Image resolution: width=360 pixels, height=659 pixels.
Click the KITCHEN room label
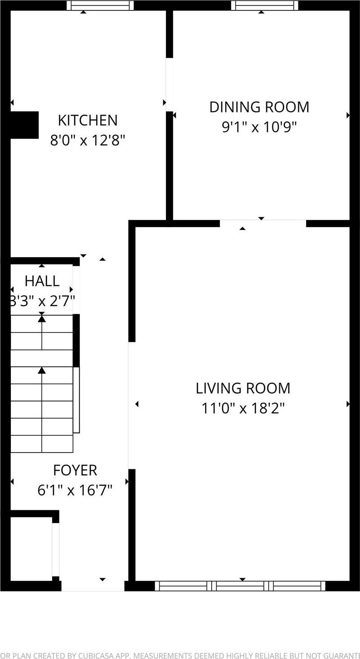(x=88, y=120)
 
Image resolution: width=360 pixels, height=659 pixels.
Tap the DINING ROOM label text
(x=259, y=107)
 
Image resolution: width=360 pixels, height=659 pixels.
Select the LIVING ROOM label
(x=243, y=388)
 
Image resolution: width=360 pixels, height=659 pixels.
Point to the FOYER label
(x=75, y=470)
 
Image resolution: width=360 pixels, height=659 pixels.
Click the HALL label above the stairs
(x=42, y=281)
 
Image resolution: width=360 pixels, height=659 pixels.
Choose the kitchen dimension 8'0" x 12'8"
(x=88, y=140)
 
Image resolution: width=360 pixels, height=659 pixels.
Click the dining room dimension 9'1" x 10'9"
(x=259, y=127)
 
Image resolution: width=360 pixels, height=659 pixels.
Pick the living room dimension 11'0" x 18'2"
(x=243, y=408)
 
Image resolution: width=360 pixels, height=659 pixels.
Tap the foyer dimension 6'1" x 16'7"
(x=75, y=490)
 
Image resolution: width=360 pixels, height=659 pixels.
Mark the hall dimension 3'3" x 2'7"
(x=42, y=301)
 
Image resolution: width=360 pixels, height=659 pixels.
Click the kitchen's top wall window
(x=100, y=5)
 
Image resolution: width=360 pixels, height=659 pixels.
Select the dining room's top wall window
(x=265, y=5)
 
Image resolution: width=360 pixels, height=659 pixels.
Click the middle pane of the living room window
(x=243, y=586)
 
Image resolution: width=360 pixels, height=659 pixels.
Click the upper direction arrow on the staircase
(x=42, y=319)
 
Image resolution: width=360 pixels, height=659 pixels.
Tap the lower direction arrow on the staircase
(x=42, y=371)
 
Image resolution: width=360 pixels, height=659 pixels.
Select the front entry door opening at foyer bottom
(x=93, y=586)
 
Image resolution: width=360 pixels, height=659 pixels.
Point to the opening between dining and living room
(x=263, y=223)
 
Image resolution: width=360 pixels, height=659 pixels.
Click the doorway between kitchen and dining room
(x=169, y=85)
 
